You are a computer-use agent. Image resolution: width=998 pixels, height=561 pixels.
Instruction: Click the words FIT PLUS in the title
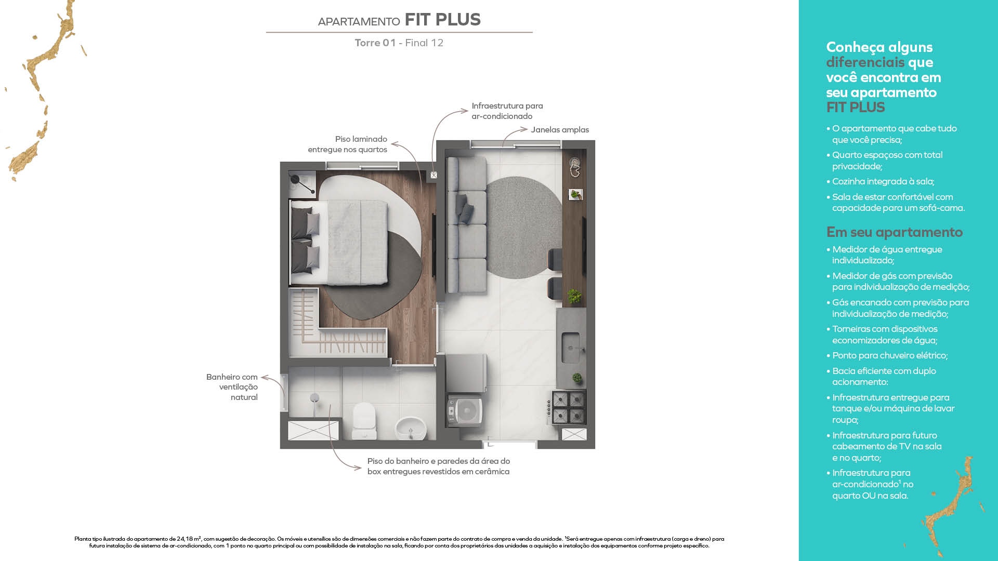(x=442, y=20)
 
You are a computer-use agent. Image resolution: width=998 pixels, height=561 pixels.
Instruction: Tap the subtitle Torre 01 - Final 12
(x=399, y=43)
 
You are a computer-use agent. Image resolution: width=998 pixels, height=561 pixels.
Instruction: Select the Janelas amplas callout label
(x=560, y=130)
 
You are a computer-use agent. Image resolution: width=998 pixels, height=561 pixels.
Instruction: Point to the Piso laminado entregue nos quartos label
(x=347, y=144)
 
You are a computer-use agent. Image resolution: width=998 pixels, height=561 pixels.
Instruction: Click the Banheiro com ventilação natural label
(x=232, y=387)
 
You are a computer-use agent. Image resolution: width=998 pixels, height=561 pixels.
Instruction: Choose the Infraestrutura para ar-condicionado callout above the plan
(x=507, y=111)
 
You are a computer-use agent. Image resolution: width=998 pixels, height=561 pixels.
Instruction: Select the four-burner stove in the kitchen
(x=568, y=407)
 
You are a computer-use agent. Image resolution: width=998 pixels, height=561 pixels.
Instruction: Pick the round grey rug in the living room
(x=523, y=227)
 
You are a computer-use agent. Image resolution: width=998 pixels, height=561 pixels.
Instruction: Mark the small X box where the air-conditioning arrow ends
(x=434, y=176)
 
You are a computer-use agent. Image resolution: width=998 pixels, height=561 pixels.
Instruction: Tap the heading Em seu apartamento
(x=895, y=232)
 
